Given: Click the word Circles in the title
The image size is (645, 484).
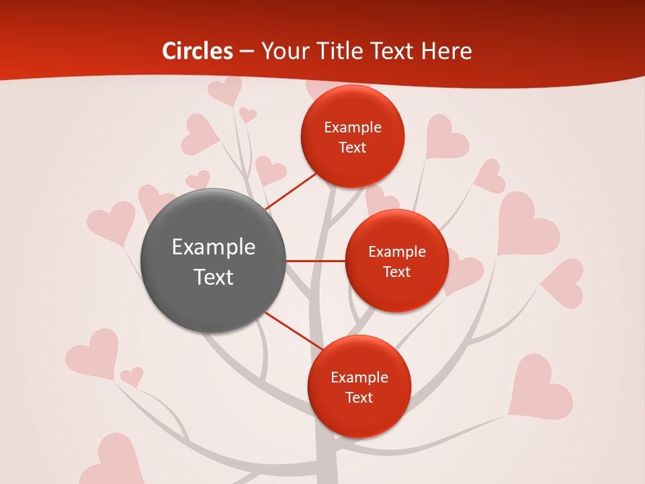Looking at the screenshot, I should click(x=198, y=51).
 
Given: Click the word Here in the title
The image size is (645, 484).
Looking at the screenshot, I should click(x=446, y=51).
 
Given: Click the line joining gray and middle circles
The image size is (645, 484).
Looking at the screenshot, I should click(x=316, y=261).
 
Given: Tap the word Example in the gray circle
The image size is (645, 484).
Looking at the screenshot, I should click(x=214, y=247).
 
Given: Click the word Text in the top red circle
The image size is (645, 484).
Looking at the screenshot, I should click(x=353, y=148).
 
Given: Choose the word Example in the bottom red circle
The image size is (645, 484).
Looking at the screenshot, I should click(x=359, y=377).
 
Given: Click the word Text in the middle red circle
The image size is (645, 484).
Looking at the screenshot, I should click(x=396, y=272).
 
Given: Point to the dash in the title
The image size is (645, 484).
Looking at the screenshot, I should click(x=247, y=52).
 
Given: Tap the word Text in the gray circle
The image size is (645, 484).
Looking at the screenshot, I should click(x=214, y=277).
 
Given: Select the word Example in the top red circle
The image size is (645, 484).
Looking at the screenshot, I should click(x=353, y=128).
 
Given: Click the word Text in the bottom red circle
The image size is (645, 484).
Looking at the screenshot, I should click(x=359, y=398).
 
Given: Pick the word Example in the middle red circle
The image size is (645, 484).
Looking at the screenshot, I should click(x=396, y=252).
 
